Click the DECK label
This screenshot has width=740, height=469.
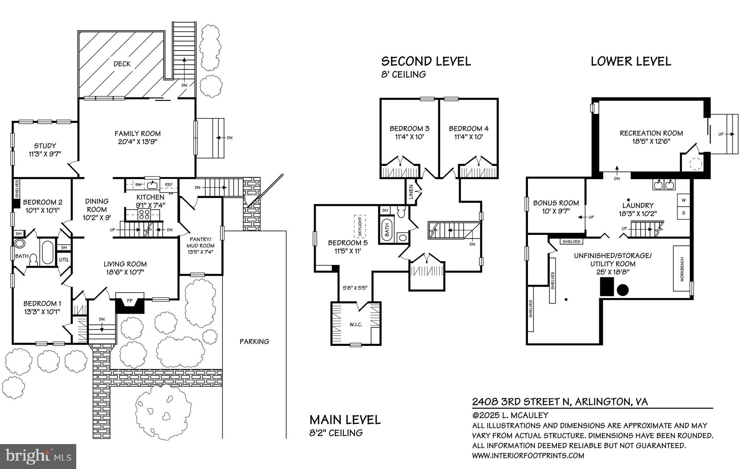(x=122, y=64)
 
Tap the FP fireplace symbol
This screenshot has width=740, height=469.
(x=130, y=300)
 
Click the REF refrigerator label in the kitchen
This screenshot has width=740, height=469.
(x=169, y=185)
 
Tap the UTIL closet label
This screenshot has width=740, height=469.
(x=64, y=260)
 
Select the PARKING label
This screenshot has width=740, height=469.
(x=254, y=341)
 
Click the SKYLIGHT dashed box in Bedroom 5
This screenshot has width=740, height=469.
(x=360, y=227)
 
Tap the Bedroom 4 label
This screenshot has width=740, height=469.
(x=469, y=129)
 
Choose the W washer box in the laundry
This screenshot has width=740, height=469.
(x=683, y=200)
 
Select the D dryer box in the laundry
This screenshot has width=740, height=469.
(x=683, y=213)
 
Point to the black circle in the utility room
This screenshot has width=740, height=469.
(x=623, y=289)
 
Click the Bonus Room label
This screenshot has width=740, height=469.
(x=556, y=203)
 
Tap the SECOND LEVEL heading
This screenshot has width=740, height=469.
(x=426, y=61)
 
